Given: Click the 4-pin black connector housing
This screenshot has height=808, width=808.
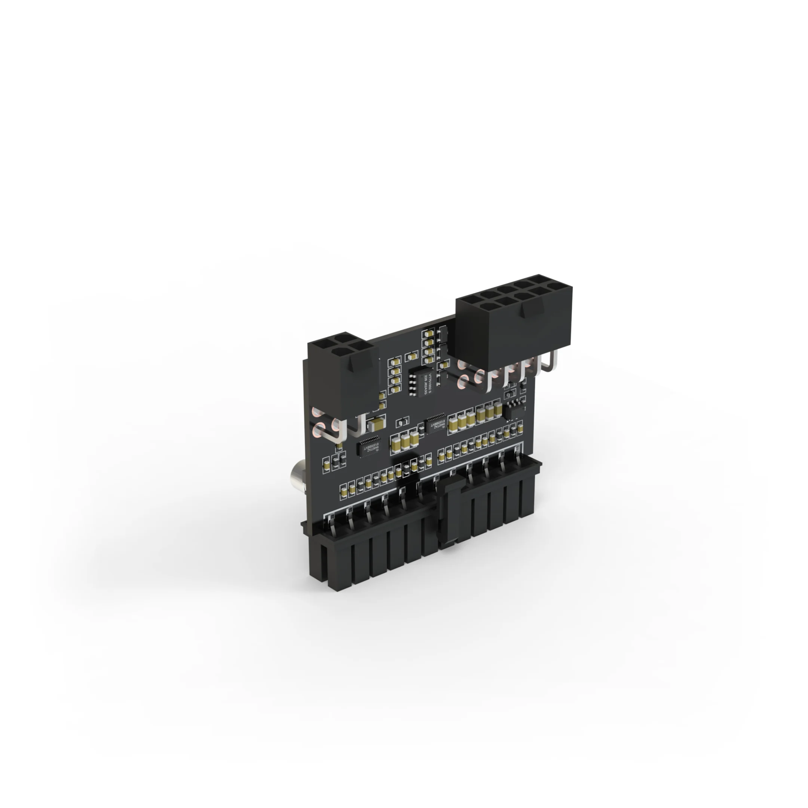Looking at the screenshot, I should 343,376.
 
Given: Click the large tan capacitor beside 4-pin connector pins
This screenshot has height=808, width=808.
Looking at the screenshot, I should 376,425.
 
